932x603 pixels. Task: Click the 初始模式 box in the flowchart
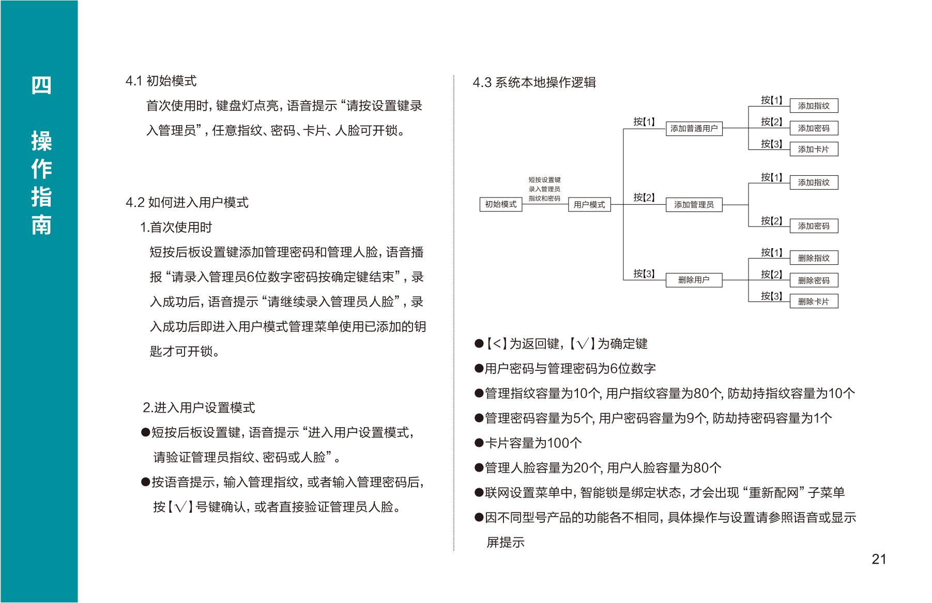click(501, 204)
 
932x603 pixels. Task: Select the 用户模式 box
click(589, 204)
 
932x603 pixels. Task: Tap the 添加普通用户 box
click(694, 128)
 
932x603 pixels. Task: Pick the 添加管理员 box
click(694, 205)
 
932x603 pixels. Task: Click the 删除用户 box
click(694, 280)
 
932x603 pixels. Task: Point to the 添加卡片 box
click(814, 149)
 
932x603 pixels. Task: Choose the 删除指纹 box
click(814, 258)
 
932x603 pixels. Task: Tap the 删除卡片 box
click(814, 301)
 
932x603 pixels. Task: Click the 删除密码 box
click(814, 280)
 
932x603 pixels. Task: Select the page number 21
click(879, 559)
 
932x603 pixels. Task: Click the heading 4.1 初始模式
click(161, 81)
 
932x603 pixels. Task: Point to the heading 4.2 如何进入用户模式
click(187, 202)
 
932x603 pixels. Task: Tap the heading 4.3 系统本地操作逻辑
click(534, 82)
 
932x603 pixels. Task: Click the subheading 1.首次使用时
click(176, 227)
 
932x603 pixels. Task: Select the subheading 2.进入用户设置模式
click(199, 408)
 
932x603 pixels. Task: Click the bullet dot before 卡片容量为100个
click(479, 443)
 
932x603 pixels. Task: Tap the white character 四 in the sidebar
click(41, 85)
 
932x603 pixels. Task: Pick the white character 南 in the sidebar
click(41, 225)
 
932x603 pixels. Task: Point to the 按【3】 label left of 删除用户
click(644, 274)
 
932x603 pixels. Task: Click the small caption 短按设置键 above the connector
click(544, 180)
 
